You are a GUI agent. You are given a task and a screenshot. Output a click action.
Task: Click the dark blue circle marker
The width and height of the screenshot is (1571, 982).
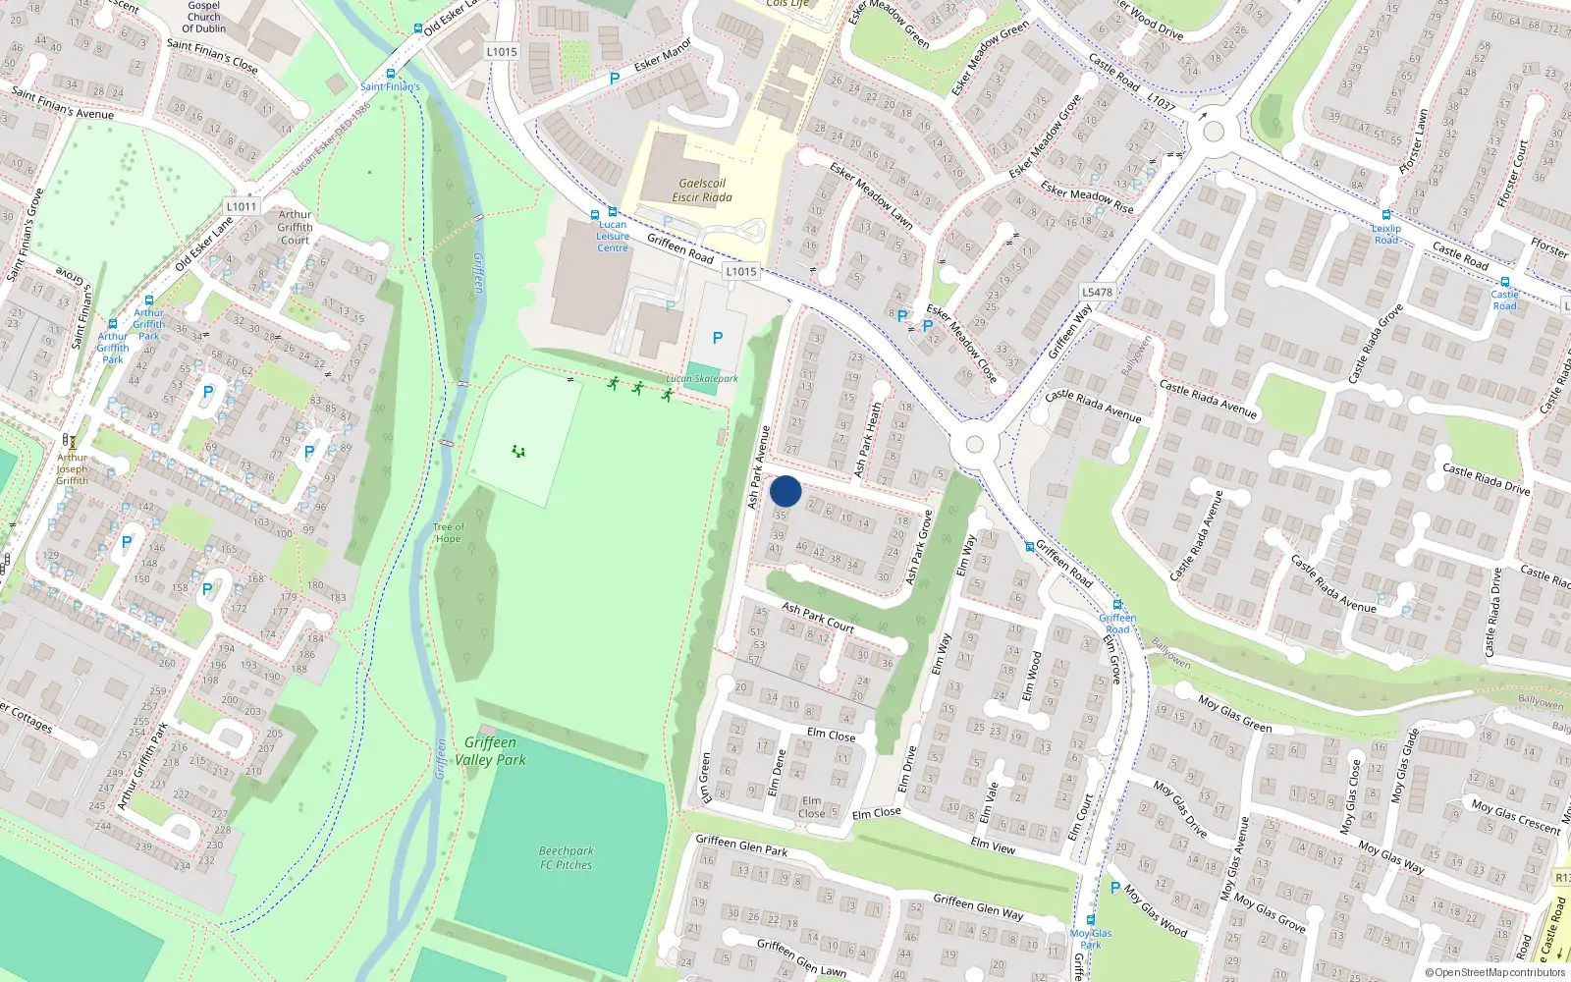point(785,491)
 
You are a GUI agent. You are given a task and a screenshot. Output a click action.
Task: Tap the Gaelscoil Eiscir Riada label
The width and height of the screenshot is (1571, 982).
point(702,191)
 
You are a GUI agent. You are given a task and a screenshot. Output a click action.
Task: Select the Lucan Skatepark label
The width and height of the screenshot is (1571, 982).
point(702,378)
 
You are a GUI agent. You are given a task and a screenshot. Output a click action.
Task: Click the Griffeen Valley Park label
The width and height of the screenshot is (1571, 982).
point(490,751)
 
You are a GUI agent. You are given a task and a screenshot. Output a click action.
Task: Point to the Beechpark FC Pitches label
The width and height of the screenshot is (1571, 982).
point(567,858)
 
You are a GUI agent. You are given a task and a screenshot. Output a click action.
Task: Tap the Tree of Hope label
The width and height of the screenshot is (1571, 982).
point(448,533)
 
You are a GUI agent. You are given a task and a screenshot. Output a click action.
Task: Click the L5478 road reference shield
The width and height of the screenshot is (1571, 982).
point(1097,292)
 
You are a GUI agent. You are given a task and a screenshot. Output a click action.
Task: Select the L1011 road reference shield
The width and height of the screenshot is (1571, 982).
point(241,206)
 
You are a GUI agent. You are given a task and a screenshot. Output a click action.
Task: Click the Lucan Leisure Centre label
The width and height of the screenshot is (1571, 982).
point(613,237)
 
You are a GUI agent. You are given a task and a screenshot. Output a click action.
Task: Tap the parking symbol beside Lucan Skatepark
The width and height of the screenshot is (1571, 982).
point(717,338)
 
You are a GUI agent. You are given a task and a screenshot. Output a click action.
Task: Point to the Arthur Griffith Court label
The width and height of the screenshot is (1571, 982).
point(295,227)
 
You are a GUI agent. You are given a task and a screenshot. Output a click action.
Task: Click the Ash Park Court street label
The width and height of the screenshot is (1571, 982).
point(818,617)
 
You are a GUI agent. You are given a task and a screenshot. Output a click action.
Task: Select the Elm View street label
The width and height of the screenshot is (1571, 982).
point(993,845)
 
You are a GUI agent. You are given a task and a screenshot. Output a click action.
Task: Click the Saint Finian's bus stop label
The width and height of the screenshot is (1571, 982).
point(390,86)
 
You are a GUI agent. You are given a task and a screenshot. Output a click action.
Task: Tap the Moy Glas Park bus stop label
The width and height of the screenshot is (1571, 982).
point(1091,939)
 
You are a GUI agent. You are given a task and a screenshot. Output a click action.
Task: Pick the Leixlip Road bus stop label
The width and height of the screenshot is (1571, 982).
point(1386,234)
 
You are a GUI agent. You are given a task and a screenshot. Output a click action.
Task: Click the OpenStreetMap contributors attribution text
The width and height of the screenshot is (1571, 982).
point(1494,973)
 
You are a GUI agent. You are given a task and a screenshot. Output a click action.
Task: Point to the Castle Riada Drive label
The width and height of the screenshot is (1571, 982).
point(1486,478)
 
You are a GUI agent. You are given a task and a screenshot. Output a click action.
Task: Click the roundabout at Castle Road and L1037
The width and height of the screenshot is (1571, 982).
point(1214,131)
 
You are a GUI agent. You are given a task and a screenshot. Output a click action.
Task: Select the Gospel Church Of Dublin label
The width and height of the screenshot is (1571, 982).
point(204,17)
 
